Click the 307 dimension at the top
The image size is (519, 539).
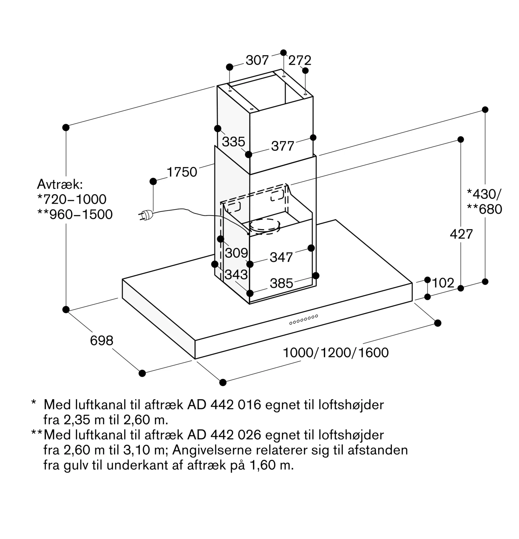click(x=257, y=60)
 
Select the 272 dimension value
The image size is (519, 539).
click(x=300, y=60)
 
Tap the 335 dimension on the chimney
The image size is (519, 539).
click(x=233, y=142)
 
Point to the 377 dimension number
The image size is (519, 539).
click(x=282, y=146)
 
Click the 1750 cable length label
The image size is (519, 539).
click(x=182, y=172)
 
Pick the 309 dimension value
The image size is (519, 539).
click(x=236, y=253)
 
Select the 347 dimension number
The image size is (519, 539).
click(x=281, y=257)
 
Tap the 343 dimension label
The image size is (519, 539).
click(x=236, y=274)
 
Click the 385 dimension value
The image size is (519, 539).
click(x=281, y=283)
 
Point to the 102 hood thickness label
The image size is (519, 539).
click(x=443, y=283)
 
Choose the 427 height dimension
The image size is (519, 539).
click(x=461, y=234)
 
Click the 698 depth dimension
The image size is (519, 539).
click(x=102, y=341)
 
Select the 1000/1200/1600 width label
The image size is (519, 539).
click(x=335, y=353)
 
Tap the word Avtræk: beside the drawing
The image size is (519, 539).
click(x=60, y=184)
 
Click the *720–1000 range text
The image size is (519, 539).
click(x=72, y=199)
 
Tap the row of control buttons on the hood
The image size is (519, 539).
click(x=304, y=320)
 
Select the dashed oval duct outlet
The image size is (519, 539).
click(x=265, y=226)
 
